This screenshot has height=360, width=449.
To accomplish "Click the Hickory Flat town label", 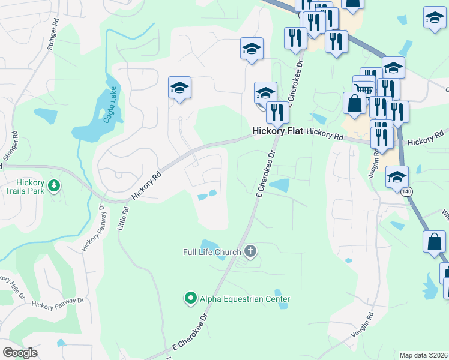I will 277,131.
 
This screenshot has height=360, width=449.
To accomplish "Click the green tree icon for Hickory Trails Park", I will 55,185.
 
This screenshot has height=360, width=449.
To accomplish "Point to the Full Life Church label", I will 212,252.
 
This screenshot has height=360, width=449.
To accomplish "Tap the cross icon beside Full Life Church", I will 250,251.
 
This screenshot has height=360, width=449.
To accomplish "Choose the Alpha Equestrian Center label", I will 245,299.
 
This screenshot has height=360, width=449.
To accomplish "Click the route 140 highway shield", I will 408,191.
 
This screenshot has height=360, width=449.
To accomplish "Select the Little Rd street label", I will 126,220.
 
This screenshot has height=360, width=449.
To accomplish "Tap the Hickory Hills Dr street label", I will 12,285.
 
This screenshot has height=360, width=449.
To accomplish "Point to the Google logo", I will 20,353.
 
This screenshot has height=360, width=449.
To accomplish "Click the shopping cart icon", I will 364,89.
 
